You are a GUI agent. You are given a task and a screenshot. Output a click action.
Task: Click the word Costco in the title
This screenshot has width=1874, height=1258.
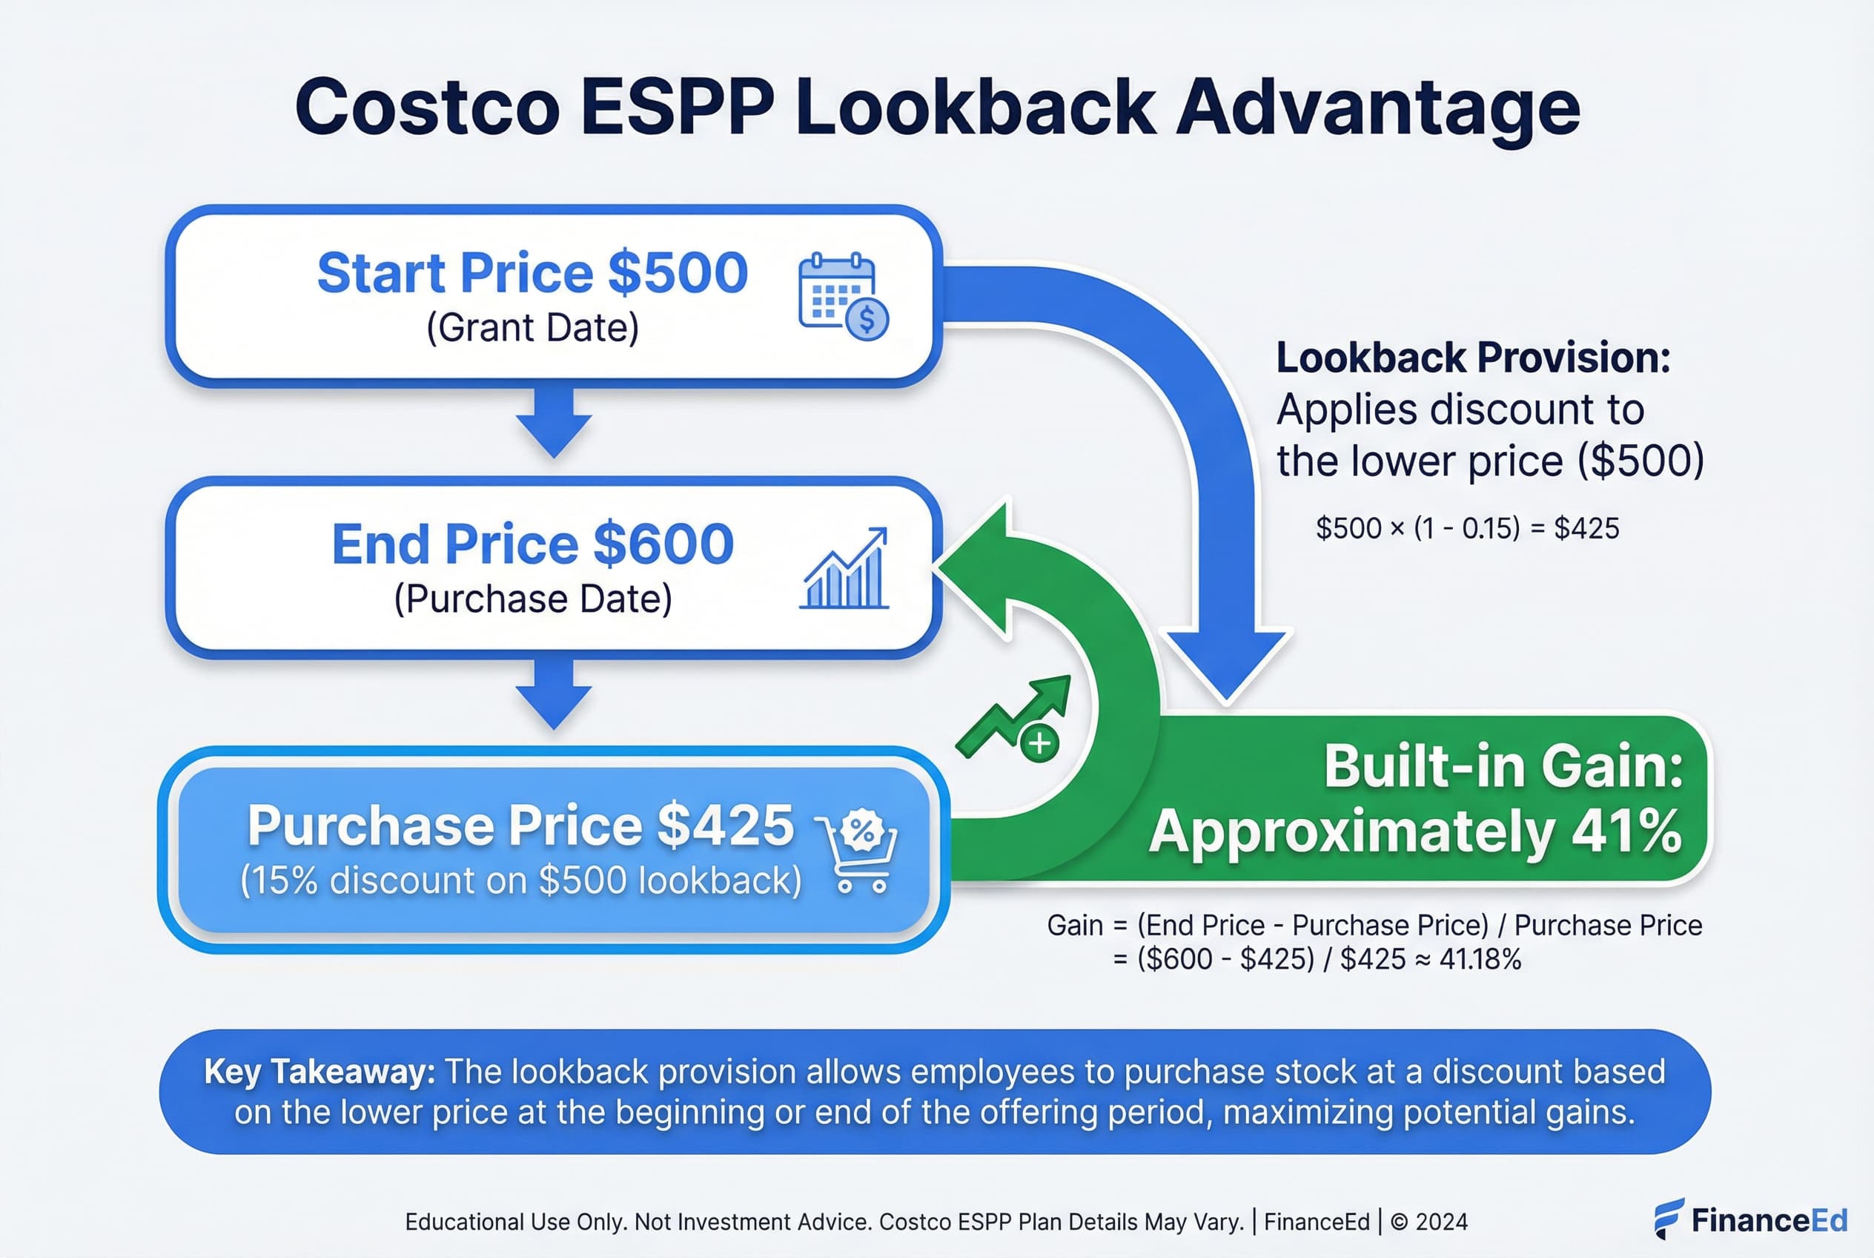pyautogui.click(x=426, y=108)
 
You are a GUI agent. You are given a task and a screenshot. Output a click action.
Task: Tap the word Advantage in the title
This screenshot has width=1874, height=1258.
pyautogui.click(x=1377, y=108)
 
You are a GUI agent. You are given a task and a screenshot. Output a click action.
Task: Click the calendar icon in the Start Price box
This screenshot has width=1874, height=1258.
pyautogui.click(x=842, y=295)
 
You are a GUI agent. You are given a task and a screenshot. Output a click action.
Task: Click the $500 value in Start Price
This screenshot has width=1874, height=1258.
pyautogui.click(x=678, y=273)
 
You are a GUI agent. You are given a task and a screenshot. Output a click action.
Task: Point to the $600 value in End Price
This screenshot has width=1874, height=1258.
pyautogui.click(x=663, y=544)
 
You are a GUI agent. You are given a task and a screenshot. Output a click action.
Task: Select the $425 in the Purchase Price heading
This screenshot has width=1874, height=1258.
pyautogui.click(x=725, y=825)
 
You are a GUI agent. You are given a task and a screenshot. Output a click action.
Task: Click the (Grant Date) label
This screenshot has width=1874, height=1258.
pyautogui.click(x=532, y=327)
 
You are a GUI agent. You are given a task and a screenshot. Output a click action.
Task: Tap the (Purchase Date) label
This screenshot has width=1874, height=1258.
pyautogui.click(x=532, y=599)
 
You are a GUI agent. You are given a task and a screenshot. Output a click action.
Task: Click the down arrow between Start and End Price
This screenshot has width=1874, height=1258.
pyautogui.click(x=553, y=424)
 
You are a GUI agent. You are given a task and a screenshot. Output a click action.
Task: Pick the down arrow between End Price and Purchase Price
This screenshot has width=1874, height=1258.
pyautogui.click(x=553, y=695)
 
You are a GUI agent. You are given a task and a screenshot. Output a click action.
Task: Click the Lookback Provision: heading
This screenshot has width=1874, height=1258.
pyautogui.click(x=1473, y=358)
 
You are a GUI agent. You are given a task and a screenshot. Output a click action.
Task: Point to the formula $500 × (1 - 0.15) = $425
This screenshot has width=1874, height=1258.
pyautogui.click(x=1466, y=528)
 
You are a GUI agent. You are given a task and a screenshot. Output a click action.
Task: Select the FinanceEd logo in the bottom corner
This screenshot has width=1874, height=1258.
pyautogui.click(x=1750, y=1220)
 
